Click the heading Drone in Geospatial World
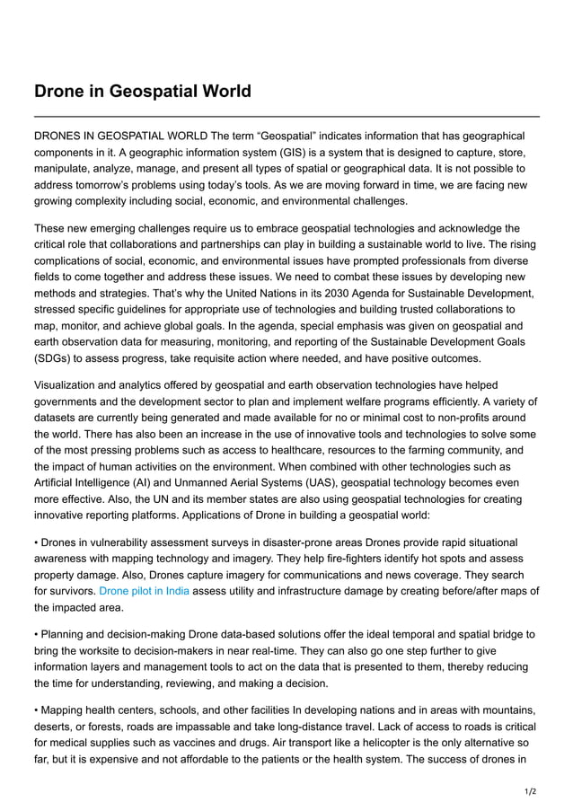pyautogui.click(x=142, y=92)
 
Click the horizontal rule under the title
pyautogui.click(x=286, y=117)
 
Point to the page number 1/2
pyautogui.click(x=530, y=791)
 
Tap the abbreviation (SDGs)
pyautogui.click(x=56, y=358)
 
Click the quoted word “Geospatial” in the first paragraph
pyautogui.click(x=285, y=136)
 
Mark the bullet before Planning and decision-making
pyautogui.click(x=37, y=634)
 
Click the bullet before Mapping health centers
pyautogui.click(x=37, y=710)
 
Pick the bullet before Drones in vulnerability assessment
pyautogui.click(x=37, y=542)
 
